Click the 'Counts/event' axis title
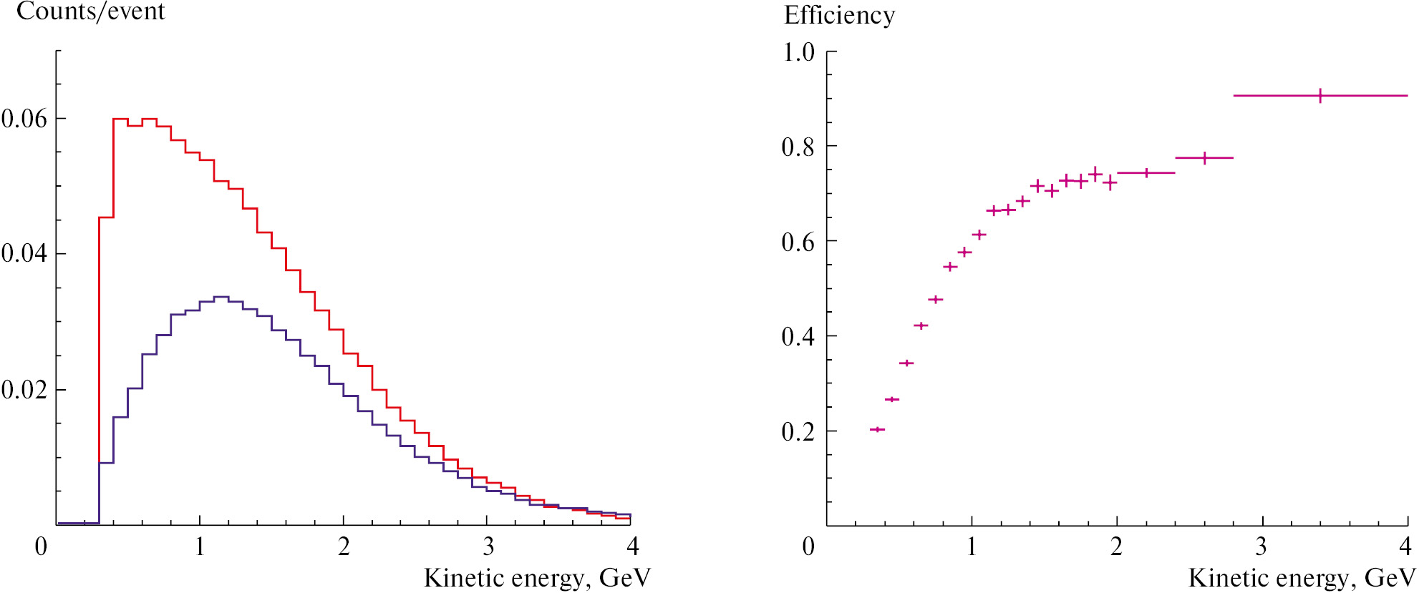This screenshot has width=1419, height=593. click(x=91, y=12)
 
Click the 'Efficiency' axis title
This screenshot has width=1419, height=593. click(x=839, y=16)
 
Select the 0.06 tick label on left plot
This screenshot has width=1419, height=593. click(x=24, y=119)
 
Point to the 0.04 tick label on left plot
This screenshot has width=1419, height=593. click(x=24, y=253)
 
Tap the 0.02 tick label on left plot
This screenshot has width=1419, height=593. click(x=24, y=390)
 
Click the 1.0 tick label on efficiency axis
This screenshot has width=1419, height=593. click(x=798, y=52)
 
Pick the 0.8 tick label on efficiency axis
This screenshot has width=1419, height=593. click(x=798, y=147)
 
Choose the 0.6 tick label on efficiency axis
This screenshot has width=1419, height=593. click(x=798, y=242)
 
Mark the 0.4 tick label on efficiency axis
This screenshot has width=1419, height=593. click(x=798, y=336)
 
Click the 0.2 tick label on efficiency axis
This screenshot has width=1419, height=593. click(x=798, y=431)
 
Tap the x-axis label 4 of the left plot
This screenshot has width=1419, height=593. click(x=632, y=547)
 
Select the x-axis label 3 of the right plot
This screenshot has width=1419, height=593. click(x=1261, y=547)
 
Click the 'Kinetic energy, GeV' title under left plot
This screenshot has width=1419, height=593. click(x=537, y=578)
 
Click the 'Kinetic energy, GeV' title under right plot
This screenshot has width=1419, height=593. click(x=1302, y=578)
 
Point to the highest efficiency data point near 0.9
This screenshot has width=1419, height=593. click(x=1319, y=95)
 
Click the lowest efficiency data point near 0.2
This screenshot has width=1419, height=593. click(x=877, y=429)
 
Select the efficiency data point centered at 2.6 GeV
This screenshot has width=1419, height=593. click(x=1204, y=157)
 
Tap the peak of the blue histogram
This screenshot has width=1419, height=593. click(x=221, y=297)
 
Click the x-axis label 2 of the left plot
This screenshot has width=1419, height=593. click(x=344, y=547)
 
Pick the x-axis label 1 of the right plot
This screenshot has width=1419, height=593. click(x=972, y=547)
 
